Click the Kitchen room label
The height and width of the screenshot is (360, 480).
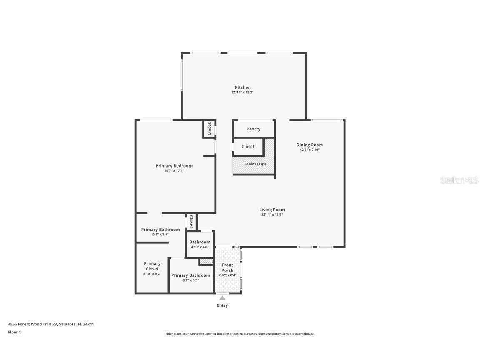click(242, 87)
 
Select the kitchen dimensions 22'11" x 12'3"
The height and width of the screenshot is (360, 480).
click(242, 92)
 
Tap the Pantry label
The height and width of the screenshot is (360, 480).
click(253, 129)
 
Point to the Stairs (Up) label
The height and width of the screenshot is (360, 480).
click(255, 164)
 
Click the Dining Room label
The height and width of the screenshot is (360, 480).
click(310, 145)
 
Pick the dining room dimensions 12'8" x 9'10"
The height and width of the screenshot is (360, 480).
click(310, 150)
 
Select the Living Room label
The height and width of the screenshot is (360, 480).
click(272, 210)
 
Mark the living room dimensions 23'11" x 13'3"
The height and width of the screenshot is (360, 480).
click(272, 215)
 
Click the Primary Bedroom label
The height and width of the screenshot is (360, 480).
click(174, 166)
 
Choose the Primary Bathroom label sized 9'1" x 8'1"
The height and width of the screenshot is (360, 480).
click(160, 230)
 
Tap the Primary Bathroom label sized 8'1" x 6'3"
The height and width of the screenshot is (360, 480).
click(190, 275)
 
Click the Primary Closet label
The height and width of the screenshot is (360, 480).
click(152, 266)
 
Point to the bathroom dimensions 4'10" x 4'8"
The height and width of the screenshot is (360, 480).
click(200, 247)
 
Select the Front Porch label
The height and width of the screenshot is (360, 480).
click(227, 267)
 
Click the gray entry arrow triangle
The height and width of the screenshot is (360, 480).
click(222, 298)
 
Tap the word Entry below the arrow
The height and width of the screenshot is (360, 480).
click(222, 305)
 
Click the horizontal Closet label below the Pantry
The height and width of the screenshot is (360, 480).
click(248, 147)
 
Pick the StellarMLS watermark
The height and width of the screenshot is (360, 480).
click(460, 180)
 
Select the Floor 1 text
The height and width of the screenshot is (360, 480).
click(14, 332)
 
